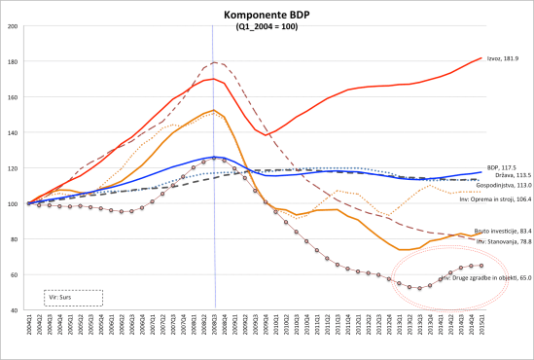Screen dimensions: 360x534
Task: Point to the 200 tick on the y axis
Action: click(14, 26)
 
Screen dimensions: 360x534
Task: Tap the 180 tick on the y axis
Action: click(14, 62)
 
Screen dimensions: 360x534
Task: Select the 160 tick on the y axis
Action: click(14, 97)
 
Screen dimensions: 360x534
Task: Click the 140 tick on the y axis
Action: click(14, 133)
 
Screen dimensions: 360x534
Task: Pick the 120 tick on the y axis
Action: click(14, 168)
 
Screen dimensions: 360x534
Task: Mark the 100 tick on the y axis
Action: click(14, 204)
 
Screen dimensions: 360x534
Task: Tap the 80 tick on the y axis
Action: click(14, 239)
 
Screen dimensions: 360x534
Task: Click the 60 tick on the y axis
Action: click(14, 275)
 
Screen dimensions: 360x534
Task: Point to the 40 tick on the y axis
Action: click(14, 310)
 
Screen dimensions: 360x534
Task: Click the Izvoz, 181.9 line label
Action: click(502, 58)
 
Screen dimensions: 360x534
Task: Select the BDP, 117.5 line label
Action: click(502, 166)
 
